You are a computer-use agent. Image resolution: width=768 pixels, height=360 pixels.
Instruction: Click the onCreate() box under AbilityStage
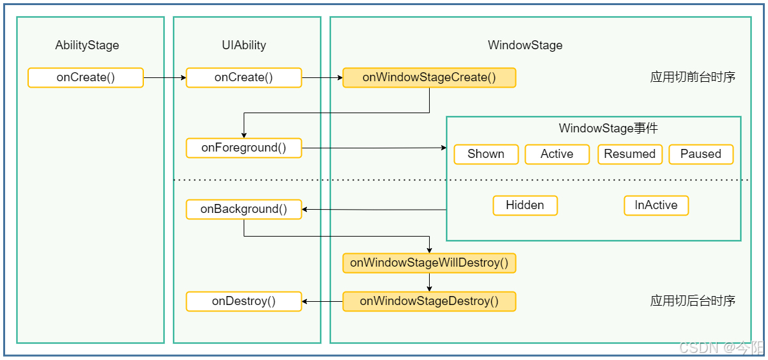pos(86,78)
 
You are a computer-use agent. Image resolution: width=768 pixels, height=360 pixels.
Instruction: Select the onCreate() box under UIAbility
pos(244,78)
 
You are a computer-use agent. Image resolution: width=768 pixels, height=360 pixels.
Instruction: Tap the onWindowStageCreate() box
pos(429,78)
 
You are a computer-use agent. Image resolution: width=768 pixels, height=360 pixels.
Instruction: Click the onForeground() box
pos(244,148)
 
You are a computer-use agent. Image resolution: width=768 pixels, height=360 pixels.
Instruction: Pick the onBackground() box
pos(244,210)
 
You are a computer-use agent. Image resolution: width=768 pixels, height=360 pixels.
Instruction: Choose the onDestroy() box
pos(244,301)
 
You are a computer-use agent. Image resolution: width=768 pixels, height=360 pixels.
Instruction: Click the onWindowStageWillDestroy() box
pos(429,263)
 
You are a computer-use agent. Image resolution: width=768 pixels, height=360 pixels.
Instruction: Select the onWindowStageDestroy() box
pos(429,301)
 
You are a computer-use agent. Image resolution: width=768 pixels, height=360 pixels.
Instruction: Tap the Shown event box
pos(486,154)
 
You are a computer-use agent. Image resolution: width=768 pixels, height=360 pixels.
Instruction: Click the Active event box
pos(557,154)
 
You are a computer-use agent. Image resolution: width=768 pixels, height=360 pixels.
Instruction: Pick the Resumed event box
pos(630,154)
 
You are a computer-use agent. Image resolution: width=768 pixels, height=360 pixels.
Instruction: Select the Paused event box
pos(701,154)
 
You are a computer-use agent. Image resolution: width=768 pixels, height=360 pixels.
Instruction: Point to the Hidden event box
pos(525,205)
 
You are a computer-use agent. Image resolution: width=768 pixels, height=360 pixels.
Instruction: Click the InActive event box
pos(656,205)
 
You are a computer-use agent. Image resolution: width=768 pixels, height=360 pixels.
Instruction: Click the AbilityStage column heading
pos(87,45)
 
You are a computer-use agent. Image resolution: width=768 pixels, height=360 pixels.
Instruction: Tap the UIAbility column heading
pos(244,45)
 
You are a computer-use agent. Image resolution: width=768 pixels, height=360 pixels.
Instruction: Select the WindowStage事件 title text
pos(608,129)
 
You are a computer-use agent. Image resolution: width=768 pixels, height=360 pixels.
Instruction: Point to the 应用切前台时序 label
pos(693,77)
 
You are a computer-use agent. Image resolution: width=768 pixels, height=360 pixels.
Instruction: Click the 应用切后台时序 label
pos(693,301)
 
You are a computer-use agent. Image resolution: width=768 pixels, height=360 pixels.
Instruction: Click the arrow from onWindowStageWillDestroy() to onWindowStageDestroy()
pos(429,283)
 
